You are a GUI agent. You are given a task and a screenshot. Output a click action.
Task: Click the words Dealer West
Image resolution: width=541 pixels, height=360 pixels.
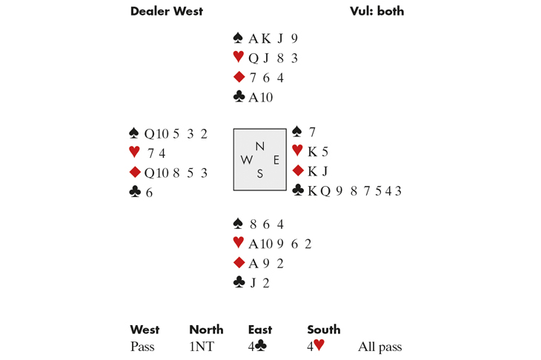(166, 11)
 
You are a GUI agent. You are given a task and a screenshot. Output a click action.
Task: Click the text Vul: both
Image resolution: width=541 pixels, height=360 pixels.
(376, 11)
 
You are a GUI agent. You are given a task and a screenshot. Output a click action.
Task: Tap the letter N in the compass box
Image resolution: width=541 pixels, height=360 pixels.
(259, 146)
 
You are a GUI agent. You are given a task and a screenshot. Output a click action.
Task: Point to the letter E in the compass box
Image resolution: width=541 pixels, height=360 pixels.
(276, 160)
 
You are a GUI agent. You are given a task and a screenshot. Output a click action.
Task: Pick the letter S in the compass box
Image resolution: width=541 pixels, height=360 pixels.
(259, 174)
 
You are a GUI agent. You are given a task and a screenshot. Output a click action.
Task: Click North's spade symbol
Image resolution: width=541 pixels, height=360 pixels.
(238, 39)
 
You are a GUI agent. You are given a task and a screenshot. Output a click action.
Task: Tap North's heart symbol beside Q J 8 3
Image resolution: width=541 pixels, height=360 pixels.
(238, 57)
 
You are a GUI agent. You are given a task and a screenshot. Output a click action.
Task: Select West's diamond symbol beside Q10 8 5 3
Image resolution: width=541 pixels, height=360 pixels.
(134, 173)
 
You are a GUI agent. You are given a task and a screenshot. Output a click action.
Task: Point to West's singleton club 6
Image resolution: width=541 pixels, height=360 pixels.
(148, 192)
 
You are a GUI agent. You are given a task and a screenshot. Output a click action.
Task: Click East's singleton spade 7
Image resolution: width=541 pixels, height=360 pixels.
(313, 133)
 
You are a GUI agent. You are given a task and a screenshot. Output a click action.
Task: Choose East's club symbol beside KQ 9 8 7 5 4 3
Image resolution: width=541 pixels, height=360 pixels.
(299, 191)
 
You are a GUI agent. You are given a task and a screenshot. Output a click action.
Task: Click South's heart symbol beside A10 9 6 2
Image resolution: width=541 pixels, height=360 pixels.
(238, 242)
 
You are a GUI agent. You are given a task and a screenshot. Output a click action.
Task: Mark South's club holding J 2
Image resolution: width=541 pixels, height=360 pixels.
(256, 282)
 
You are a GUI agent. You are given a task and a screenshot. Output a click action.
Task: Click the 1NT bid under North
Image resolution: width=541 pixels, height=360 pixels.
(201, 346)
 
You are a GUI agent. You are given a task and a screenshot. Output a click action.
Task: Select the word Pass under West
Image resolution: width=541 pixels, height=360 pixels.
(142, 346)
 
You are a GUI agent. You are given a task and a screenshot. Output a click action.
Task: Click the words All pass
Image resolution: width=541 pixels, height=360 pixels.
(379, 346)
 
